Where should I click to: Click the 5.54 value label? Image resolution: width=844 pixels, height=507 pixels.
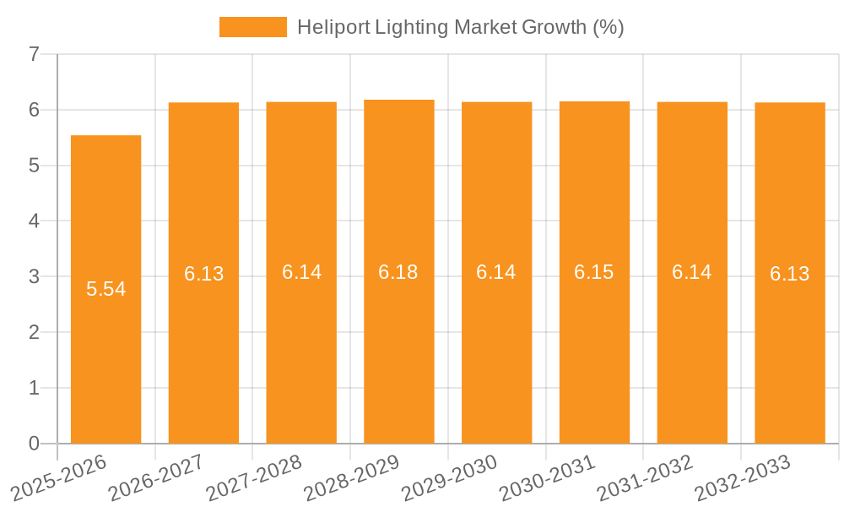(x=105, y=289)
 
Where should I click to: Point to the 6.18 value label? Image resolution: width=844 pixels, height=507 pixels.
(x=398, y=272)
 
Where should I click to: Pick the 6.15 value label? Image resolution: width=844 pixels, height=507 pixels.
(x=594, y=272)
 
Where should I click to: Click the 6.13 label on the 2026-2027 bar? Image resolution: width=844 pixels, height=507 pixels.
(x=203, y=274)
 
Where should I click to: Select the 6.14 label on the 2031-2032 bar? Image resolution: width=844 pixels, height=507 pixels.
(x=692, y=272)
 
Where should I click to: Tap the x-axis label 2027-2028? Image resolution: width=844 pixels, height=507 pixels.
(x=254, y=478)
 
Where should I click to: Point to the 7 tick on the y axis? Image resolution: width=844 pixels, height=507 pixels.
(x=34, y=54)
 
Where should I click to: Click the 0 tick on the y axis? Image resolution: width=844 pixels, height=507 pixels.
(x=34, y=444)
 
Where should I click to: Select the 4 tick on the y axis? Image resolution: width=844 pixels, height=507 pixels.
(x=34, y=221)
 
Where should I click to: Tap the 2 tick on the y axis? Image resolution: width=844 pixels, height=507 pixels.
(x=34, y=332)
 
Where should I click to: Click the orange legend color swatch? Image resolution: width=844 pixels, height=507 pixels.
(x=252, y=27)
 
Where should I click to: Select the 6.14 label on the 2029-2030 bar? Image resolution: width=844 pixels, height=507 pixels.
(x=496, y=272)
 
